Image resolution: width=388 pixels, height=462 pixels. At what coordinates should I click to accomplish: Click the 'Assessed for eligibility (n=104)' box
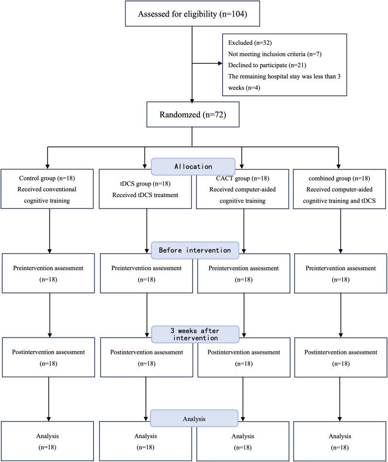(193, 14)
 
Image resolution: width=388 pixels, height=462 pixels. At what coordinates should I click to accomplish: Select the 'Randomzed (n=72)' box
(193, 115)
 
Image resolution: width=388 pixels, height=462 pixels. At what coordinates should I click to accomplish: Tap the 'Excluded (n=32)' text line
(247, 42)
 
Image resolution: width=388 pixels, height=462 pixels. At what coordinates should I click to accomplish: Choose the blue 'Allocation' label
(194, 166)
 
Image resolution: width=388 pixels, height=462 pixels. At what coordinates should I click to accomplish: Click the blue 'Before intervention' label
(194, 251)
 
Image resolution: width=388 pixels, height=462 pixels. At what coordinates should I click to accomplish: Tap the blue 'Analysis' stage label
(194, 417)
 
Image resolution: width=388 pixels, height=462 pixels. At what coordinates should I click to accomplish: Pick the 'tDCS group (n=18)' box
(145, 190)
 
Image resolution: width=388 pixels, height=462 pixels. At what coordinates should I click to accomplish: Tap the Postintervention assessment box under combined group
(341, 357)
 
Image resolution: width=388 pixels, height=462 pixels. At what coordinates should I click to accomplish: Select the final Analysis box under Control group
(47, 441)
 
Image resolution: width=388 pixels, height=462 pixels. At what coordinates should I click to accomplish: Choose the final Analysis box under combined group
(341, 441)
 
